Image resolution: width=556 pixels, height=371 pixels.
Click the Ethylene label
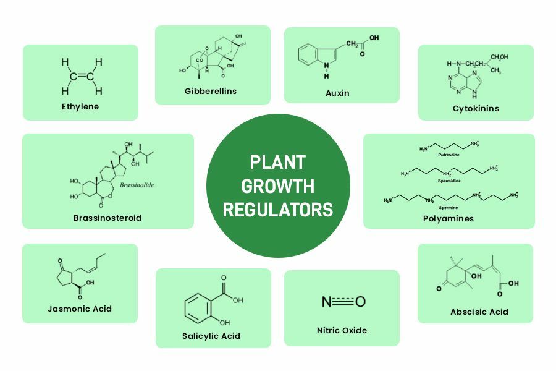80,106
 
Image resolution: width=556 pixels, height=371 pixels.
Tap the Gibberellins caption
211,91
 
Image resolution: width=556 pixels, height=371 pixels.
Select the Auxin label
337,93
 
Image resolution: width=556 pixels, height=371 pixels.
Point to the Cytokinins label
476,108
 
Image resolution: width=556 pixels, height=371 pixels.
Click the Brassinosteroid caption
107,218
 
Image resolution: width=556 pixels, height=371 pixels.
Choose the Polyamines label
449,218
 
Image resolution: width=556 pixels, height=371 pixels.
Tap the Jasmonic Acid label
80,309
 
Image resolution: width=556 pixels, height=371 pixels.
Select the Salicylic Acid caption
211,336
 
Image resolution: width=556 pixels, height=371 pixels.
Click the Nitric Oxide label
342,330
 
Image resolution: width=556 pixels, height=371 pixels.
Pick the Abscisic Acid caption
479,312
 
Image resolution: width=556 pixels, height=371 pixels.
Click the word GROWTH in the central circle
278,185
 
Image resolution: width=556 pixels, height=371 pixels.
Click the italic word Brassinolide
137,185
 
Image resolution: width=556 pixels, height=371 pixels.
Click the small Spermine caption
448,208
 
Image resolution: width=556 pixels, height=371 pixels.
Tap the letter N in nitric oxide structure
327,302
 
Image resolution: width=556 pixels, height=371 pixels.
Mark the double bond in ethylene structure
82,77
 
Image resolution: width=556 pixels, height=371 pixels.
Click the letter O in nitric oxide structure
361,302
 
